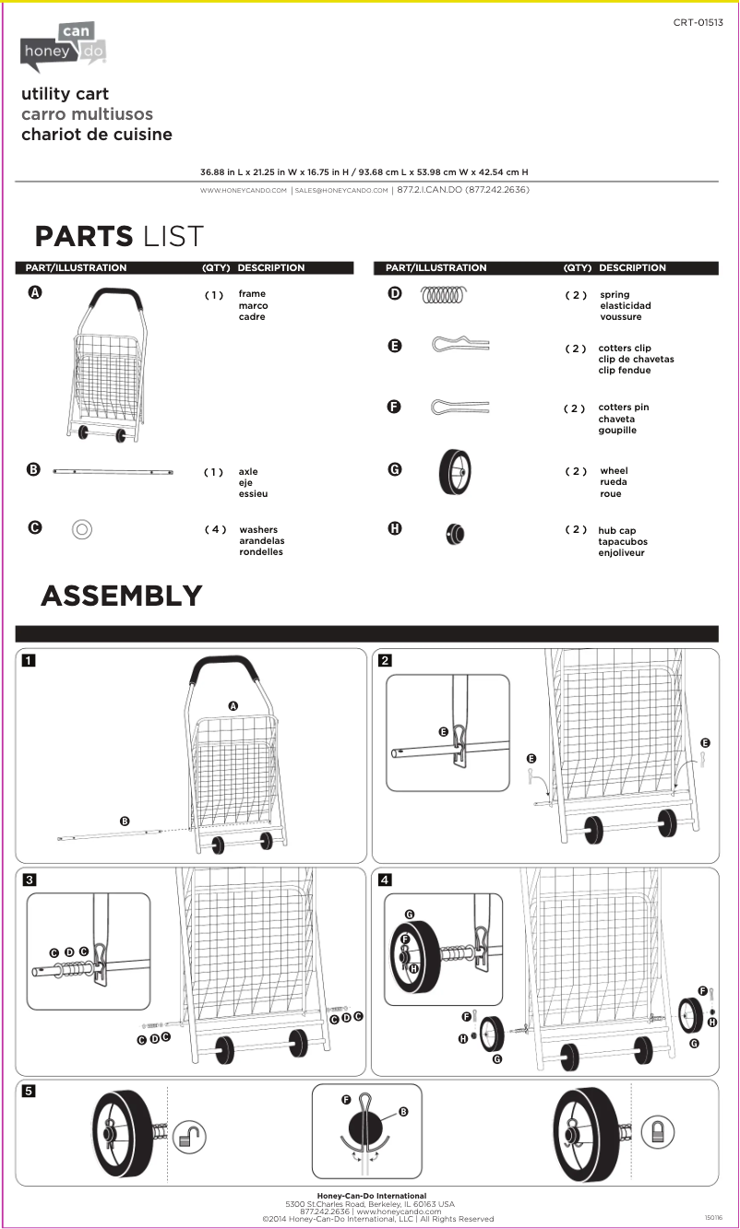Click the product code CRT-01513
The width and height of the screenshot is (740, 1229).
click(x=698, y=21)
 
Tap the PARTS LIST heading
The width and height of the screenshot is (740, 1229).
click(x=118, y=236)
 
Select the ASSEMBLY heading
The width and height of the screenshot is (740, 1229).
click(x=121, y=596)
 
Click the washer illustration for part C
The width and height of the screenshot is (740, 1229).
click(x=81, y=529)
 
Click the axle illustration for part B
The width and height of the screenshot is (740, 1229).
click(x=113, y=471)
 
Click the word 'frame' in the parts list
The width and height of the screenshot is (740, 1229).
click(x=252, y=294)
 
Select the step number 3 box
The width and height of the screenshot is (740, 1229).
click(x=30, y=880)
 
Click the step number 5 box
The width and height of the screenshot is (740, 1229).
click(x=30, y=1091)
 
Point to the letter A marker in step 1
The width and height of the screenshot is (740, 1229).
click(x=233, y=705)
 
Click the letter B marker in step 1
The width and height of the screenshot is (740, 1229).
click(x=125, y=821)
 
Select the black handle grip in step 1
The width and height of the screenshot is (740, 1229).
click(x=220, y=665)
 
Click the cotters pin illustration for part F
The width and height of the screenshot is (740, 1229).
click(x=460, y=407)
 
